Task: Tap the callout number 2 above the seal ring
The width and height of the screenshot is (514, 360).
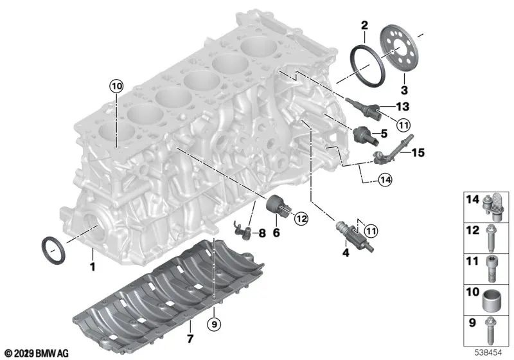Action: pos(364,26)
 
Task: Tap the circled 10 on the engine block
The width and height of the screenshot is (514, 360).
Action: pos(115,85)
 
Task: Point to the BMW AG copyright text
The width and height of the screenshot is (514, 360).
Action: pos(36,352)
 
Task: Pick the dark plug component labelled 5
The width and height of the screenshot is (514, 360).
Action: pos(364,134)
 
